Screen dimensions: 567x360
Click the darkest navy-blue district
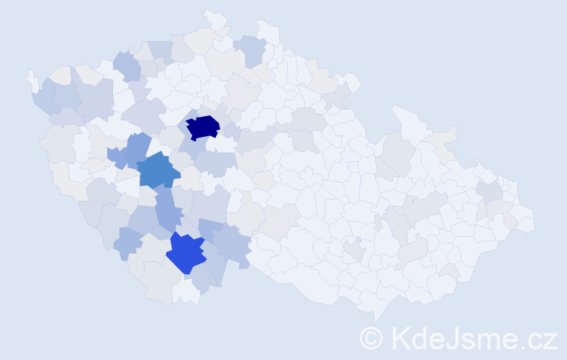coord(203,127)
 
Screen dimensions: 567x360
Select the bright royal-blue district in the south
coord(186,253)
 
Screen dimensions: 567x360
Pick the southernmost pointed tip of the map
coord(377,318)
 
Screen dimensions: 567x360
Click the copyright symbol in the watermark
coord(372,338)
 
